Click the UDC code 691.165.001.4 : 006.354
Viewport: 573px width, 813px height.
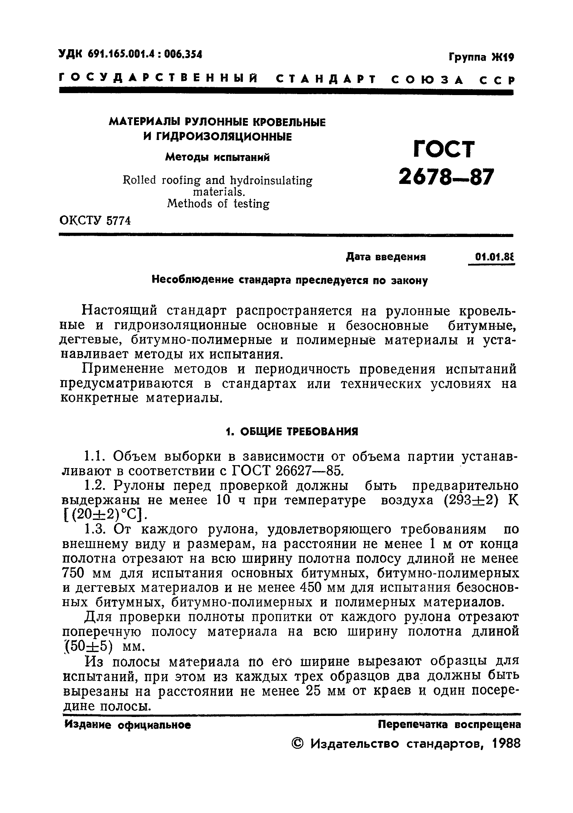(130, 54)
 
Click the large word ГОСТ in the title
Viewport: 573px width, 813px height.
(444, 149)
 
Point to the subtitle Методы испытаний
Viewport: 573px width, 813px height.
(217, 157)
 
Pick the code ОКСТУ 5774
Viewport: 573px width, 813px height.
(95, 221)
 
